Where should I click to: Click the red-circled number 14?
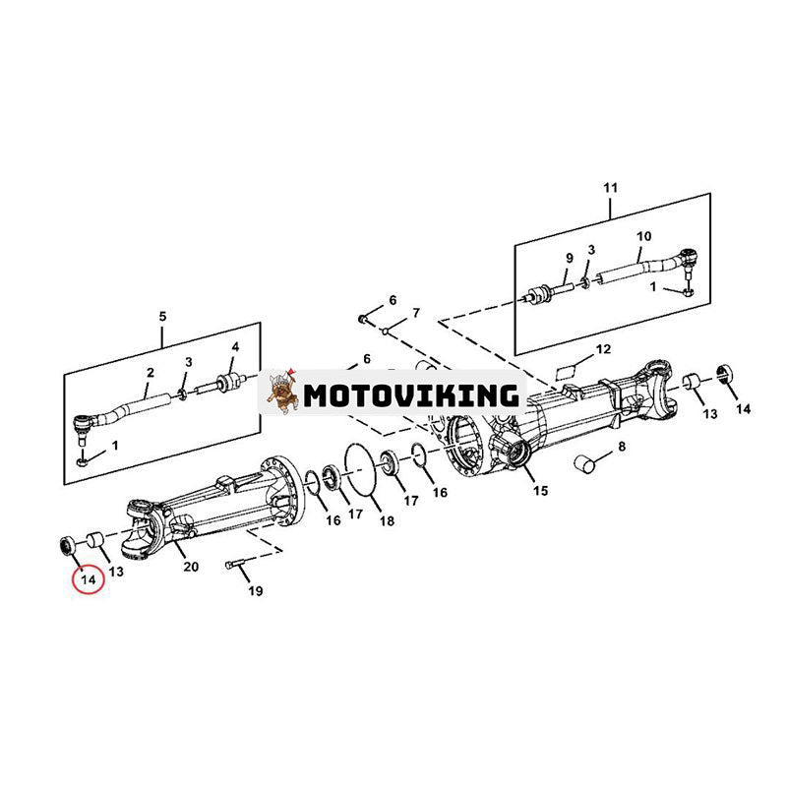(x=89, y=580)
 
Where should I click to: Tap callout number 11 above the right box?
(x=610, y=187)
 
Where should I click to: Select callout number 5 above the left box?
(x=162, y=316)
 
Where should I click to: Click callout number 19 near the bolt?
(x=256, y=592)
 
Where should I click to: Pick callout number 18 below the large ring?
(x=387, y=520)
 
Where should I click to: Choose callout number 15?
(x=540, y=490)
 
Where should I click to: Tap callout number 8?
(x=621, y=448)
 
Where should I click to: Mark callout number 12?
(x=603, y=349)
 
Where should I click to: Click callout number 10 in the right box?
(x=644, y=237)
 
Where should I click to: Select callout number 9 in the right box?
(x=568, y=258)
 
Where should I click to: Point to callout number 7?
(x=415, y=313)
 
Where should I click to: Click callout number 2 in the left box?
(x=151, y=373)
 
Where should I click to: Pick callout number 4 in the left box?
(x=235, y=347)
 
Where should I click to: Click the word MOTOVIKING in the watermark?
(x=410, y=395)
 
